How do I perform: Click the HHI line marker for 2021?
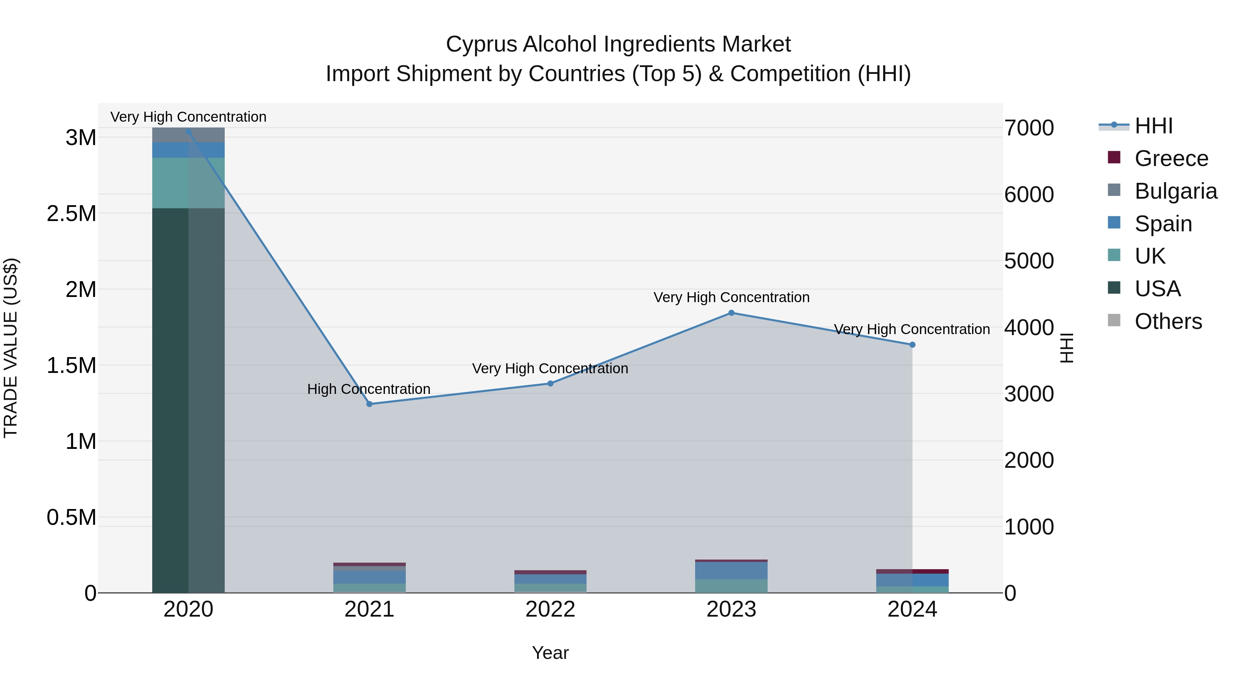[369, 404]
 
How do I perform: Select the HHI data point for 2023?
[731, 313]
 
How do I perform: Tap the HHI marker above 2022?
[550, 383]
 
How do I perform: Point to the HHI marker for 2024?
[912, 344]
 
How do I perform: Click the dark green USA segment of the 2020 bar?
[188, 399]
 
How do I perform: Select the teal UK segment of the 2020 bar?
[188, 183]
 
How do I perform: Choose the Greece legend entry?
[1170, 158]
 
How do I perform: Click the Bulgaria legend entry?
[1175, 191]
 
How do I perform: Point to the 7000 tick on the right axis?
[1028, 128]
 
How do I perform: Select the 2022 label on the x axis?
[550, 609]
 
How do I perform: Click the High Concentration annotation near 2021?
[369, 389]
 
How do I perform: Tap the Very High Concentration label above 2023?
[731, 297]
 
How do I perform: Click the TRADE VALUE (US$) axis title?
[11, 348]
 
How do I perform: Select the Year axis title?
[550, 653]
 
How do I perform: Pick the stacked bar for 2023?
[731, 576]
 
